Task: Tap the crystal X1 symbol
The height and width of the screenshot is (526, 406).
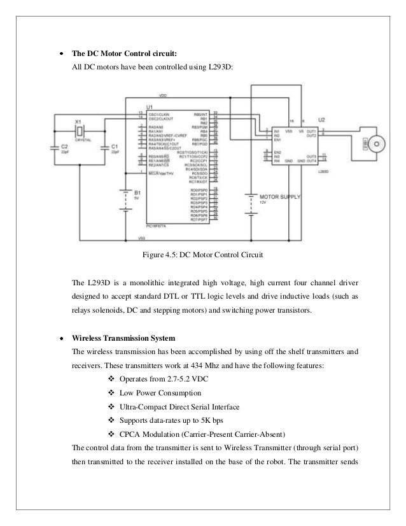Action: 78,131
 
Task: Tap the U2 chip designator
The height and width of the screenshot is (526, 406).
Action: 322,120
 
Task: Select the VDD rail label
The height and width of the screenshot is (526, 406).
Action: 163,96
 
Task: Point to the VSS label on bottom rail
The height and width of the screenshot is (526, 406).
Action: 141,238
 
